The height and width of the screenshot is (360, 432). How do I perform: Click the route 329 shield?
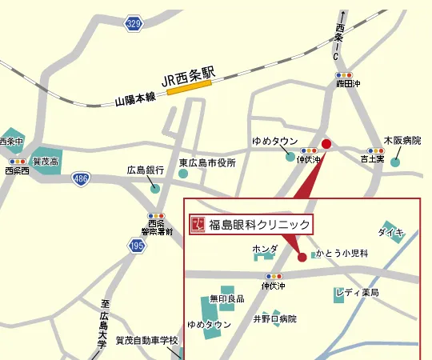point(134,24)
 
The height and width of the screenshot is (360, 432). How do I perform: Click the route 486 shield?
point(81,178)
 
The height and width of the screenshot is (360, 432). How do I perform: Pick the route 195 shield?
point(137,246)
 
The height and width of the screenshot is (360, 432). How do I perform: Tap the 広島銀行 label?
point(146,170)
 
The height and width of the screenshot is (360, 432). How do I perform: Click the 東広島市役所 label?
point(207,163)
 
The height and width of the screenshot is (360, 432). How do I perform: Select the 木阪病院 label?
point(402,140)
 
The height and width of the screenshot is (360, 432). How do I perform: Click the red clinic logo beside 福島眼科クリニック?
point(198,225)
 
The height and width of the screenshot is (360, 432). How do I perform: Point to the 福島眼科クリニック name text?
point(258,225)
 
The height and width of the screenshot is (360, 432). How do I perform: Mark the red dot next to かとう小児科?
point(302,257)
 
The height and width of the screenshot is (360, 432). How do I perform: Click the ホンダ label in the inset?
point(265,250)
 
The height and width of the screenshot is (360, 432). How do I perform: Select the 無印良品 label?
point(226,298)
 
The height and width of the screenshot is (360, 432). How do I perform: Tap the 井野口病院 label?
point(274,318)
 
